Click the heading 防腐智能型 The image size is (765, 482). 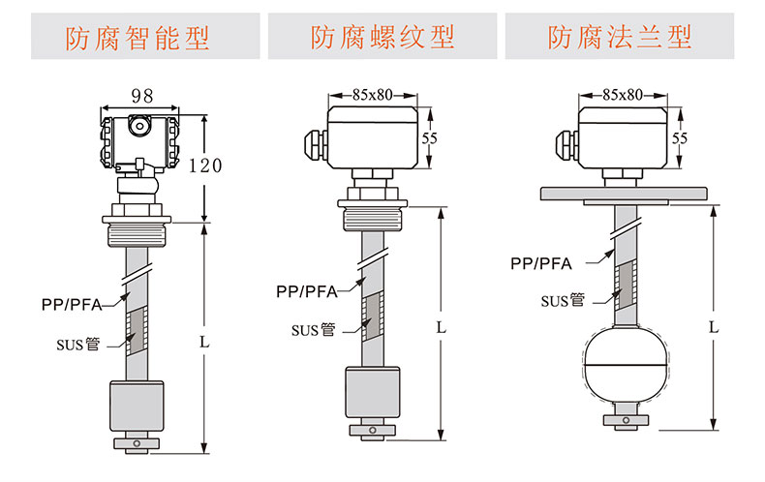pyautogui.click(x=137, y=38)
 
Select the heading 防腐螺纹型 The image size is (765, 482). pyautogui.click(x=382, y=38)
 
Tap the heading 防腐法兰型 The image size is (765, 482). pyautogui.click(x=620, y=38)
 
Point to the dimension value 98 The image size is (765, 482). pyautogui.click(x=142, y=96)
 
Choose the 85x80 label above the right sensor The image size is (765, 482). pyautogui.click(x=623, y=94)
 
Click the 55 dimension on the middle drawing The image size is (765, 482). pyautogui.click(x=430, y=138)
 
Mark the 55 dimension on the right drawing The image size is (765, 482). pyautogui.click(x=680, y=138)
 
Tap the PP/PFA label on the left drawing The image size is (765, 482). pyautogui.click(x=71, y=303)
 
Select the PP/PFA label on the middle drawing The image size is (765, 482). pyautogui.click(x=306, y=290)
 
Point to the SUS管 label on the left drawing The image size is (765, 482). pyautogui.click(x=77, y=343)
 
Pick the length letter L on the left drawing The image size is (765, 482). pyautogui.click(x=203, y=342)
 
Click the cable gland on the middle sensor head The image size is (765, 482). pyautogui.click(x=316, y=143)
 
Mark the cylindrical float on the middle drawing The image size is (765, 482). pyautogui.click(x=372, y=393)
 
